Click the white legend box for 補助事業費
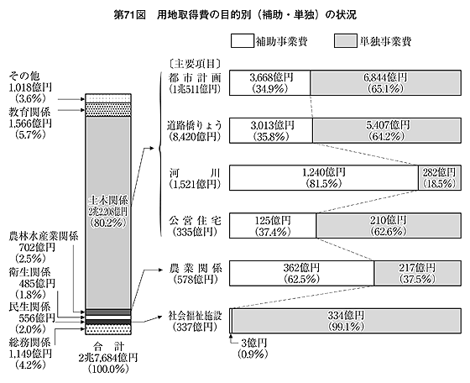click(x=243, y=41)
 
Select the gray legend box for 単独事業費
click(x=346, y=41)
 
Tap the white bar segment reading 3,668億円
click(x=269, y=83)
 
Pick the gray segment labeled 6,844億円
click(x=386, y=83)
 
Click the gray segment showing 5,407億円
click(x=387, y=130)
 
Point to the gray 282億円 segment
click(x=440, y=177)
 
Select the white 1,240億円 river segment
click(x=324, y=177)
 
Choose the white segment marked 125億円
click(x=273, y=226)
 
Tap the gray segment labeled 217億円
click(x=418, y=273)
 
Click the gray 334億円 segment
click(x=347, y=321)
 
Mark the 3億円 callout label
click(x=253, y=343)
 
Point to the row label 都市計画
click(x=195, y=78)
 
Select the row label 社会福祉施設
click(x=195, y=316)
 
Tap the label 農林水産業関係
click(x=44, y=236)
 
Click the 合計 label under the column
click(x=108, y=347)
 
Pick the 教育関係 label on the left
click(x=29, y=113)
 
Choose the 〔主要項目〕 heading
click(x=195, y=64)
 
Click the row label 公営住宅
click(x=195, y=220)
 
